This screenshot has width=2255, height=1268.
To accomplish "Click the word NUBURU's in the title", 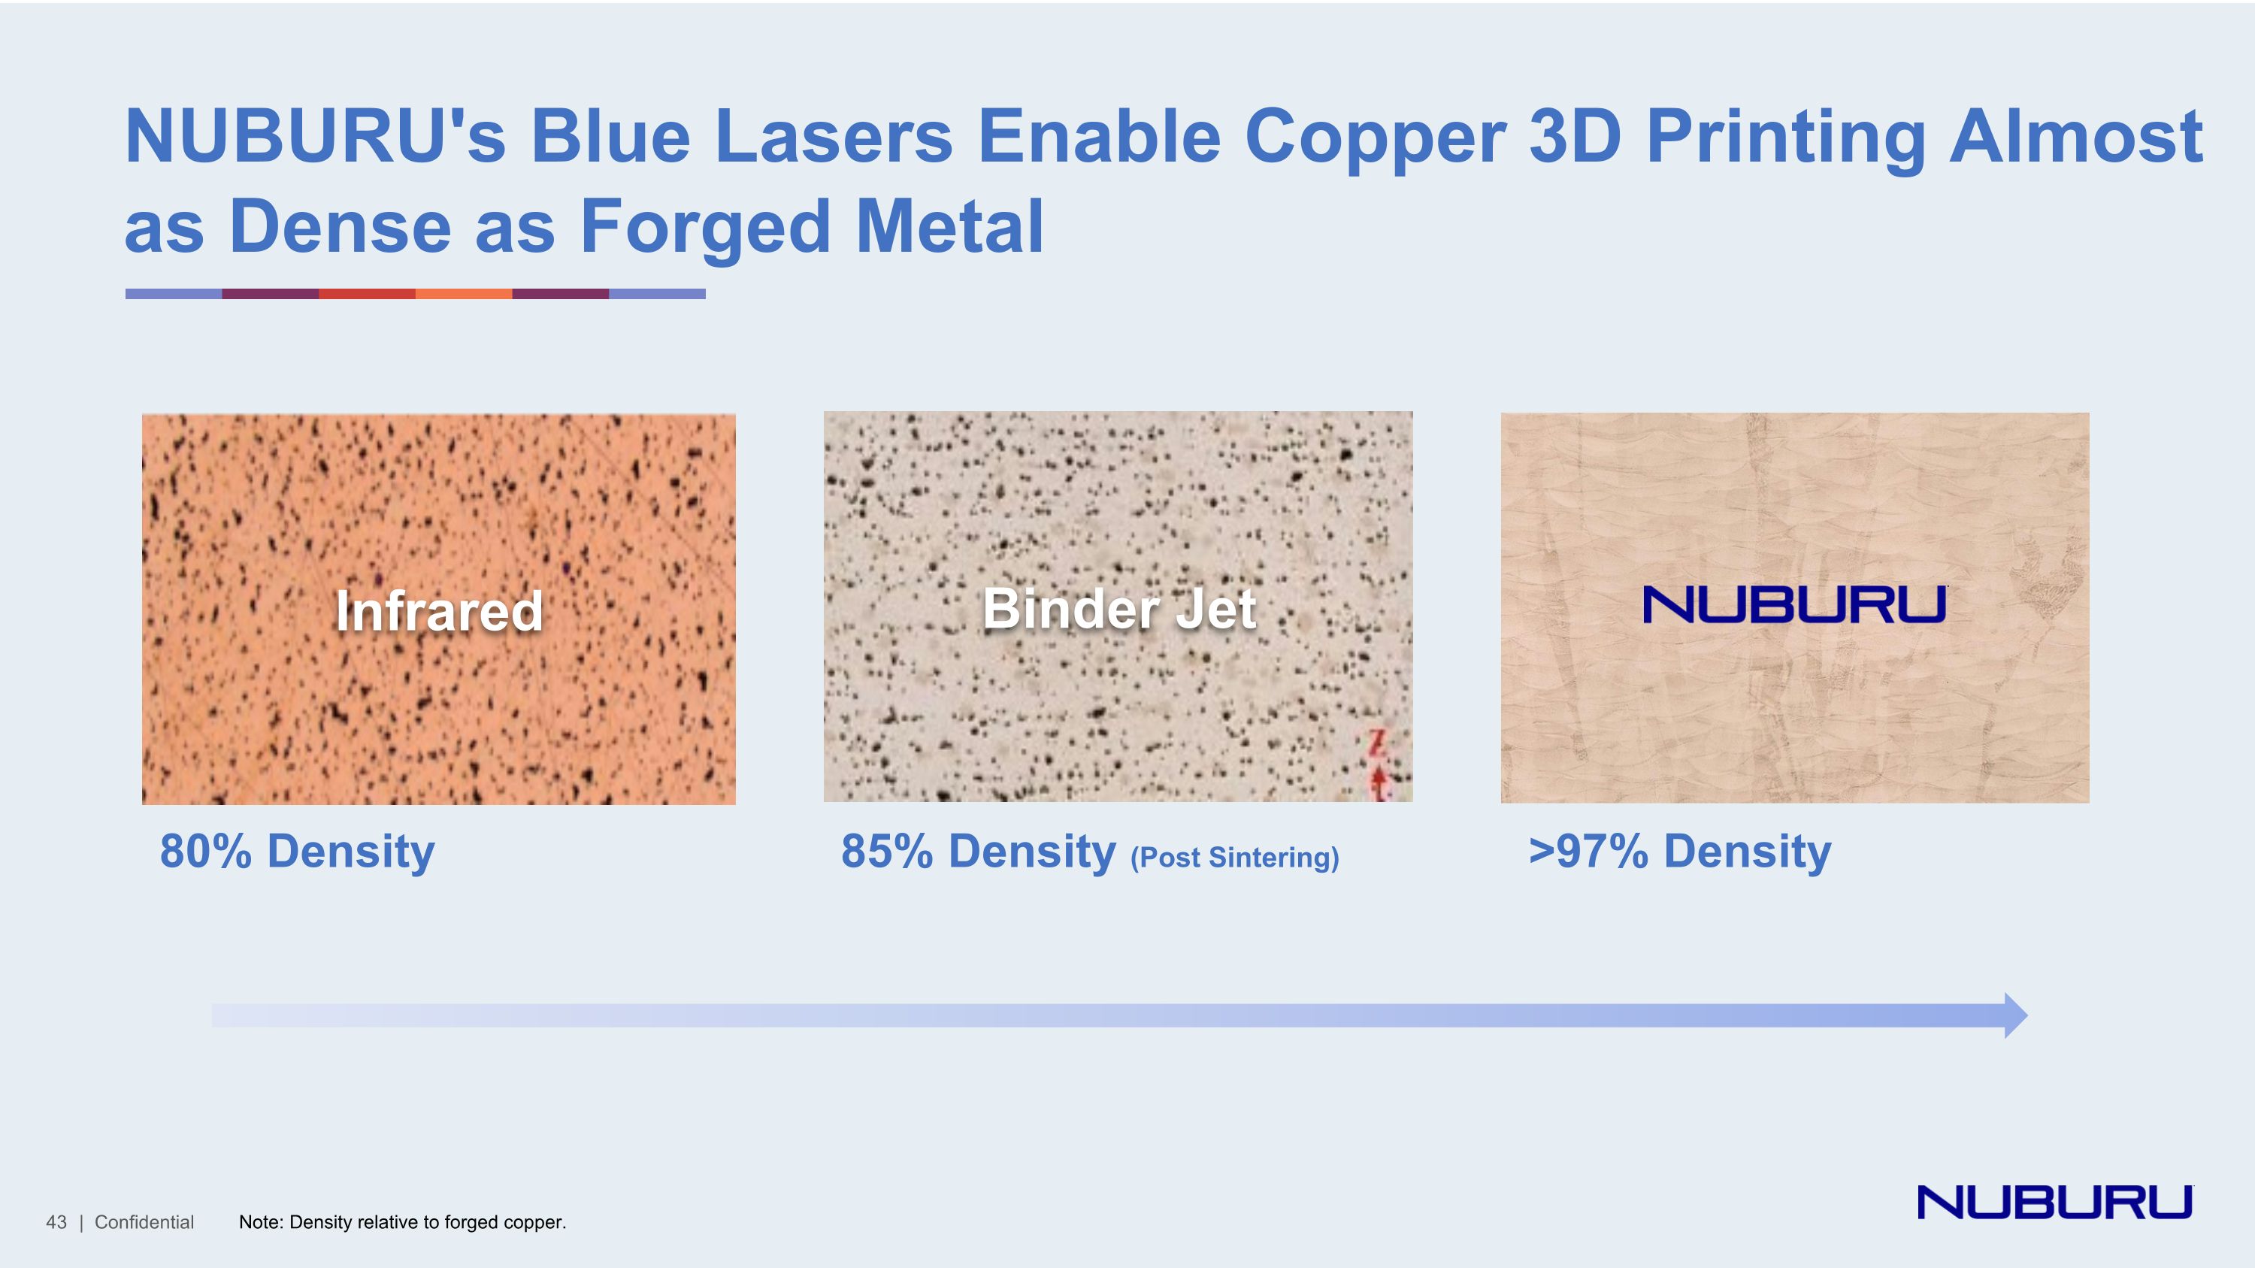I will pos(315,137).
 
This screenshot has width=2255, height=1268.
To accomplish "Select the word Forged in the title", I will pos(704,227).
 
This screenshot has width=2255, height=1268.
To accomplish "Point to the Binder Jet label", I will pos(1118,609).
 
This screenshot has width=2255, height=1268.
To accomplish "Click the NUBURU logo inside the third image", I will pos(1794,604).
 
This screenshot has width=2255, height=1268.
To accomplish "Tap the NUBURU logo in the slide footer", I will pos(2054,1203).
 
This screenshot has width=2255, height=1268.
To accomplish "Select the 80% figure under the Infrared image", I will pos(205,852).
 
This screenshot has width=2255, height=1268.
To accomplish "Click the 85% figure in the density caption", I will pos(886,852).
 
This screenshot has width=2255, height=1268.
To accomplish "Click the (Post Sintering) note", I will pos(1234,858).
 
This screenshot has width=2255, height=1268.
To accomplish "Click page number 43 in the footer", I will pos(56,1222).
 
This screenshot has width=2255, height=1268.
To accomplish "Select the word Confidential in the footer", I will pos(144,1222).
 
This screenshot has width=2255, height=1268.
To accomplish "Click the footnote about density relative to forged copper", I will pos(403,1222).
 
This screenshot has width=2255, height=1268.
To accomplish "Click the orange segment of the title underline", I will pos(463,294).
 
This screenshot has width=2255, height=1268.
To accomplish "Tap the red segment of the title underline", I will pos(367,294).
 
